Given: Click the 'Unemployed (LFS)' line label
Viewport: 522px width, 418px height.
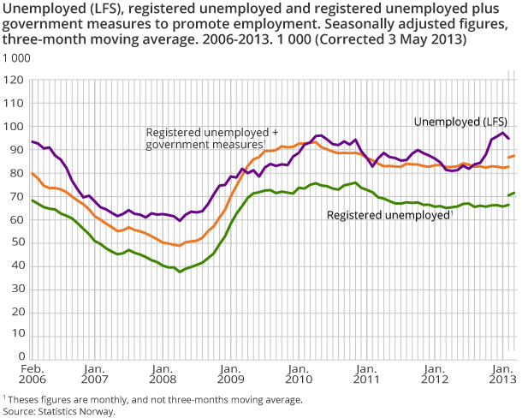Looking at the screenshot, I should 460,121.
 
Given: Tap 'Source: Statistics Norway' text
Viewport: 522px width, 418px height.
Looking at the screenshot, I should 58,411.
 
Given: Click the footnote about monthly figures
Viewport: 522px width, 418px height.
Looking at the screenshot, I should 154,399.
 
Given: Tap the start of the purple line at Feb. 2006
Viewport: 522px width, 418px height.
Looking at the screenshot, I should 32,141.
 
